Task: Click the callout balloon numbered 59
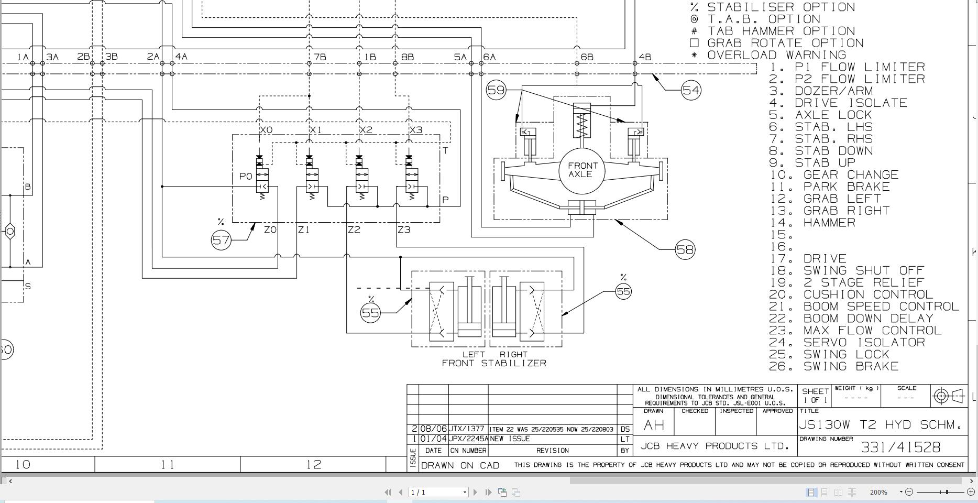pos(496,90)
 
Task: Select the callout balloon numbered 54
pos(691,90)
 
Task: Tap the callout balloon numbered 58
pos(685,250)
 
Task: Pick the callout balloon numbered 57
pos(221,240)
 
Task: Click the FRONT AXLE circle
pos(582,170)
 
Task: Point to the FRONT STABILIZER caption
pos(494,363)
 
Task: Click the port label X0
pos(266,130)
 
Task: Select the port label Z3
pos(404,229)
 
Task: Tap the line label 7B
pos(320,57)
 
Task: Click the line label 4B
pos(645,57)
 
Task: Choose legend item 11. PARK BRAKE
pos(829,187)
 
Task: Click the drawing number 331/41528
pos(900,447)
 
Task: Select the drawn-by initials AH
pos(653,425)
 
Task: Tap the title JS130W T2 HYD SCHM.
pos(881,424)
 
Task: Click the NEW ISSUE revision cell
pos(510,439)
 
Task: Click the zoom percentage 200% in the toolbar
pos(878,492)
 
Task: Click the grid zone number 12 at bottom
pos(313,464)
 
